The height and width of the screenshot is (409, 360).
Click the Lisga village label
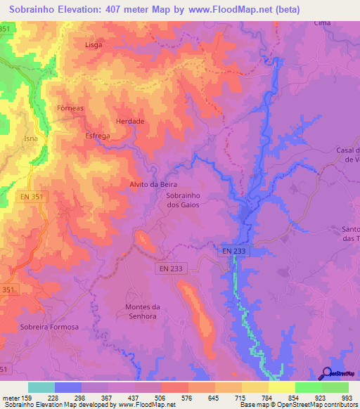click(x=94, y=44)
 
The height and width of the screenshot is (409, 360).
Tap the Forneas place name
click(x=70, y=108)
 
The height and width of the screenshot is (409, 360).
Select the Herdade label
click(x=130, y=122)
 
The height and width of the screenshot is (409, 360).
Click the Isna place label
click(x=30, y=139)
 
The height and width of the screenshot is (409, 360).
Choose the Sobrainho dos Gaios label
click(x=184, y=200)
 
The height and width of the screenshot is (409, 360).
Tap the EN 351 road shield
click(x=32, y=197)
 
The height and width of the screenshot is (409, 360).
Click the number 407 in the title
click(x=126, y=10)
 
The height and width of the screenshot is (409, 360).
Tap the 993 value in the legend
click(x=346, y=397)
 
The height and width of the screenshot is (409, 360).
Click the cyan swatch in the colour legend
click(x=41, y=387)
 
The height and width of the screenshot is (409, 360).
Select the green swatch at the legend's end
click(x=335, y=387)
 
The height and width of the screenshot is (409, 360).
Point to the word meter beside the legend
click(x=12, y=397)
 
